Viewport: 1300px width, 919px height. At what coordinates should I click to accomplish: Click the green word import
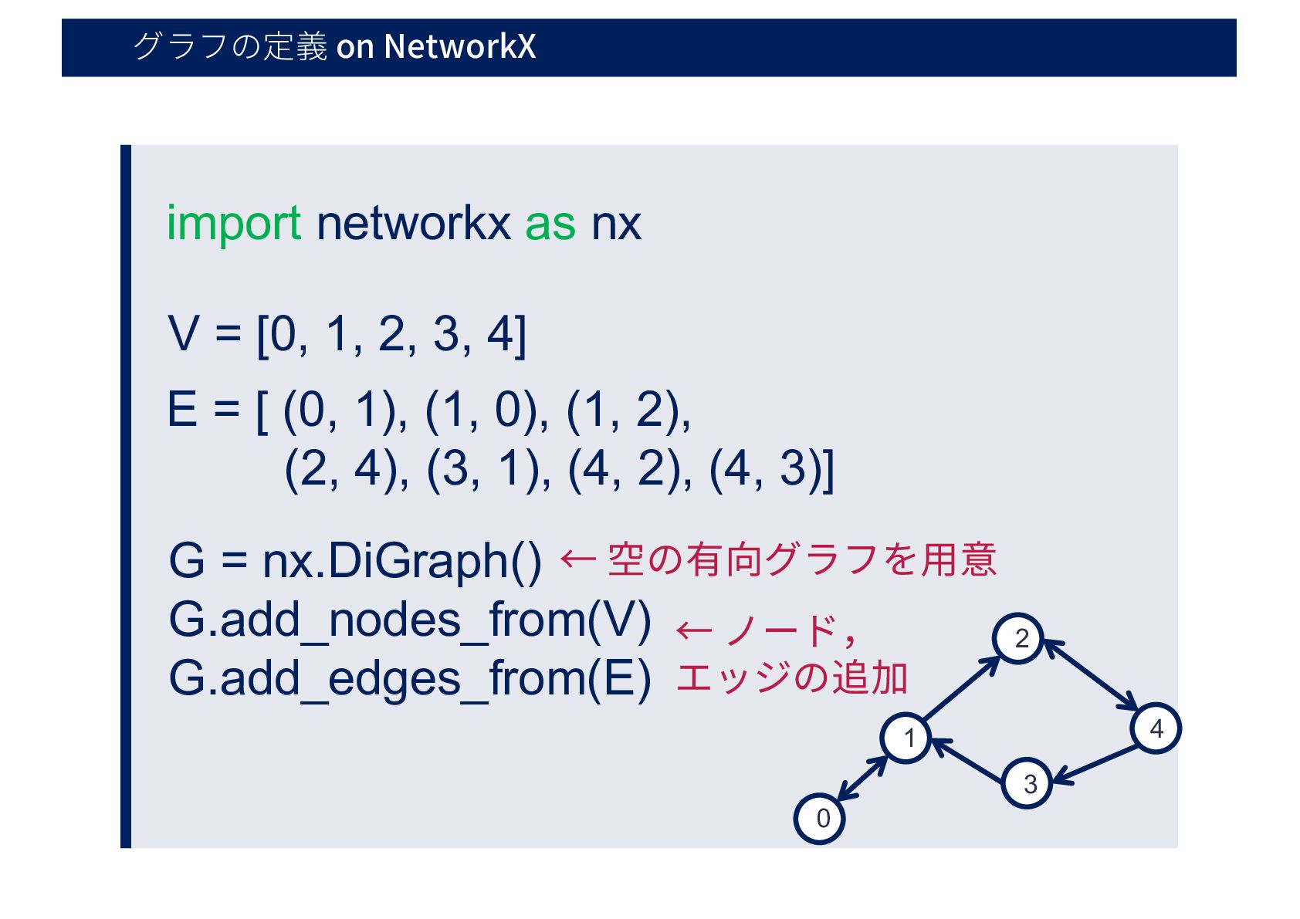[233, 224]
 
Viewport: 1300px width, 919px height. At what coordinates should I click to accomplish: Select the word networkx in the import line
[413, 224]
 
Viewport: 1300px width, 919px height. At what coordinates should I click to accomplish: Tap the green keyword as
[550, 224]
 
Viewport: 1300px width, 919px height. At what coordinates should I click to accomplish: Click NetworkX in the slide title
[459, 46]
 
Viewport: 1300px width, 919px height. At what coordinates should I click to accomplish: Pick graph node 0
[820, 818]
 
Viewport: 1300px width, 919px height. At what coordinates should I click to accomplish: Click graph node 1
[906, 738]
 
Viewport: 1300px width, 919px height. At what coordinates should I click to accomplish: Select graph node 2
[1019, 639]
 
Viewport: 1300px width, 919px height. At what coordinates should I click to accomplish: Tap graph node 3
[1027, 783]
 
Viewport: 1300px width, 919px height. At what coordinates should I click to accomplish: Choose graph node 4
[1156, 728]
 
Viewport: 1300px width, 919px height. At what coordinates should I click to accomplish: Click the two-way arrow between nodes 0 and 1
[863, 778]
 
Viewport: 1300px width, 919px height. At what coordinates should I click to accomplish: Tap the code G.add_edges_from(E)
[410, 678]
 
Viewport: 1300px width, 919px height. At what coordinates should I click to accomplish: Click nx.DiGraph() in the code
[401, 561]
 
